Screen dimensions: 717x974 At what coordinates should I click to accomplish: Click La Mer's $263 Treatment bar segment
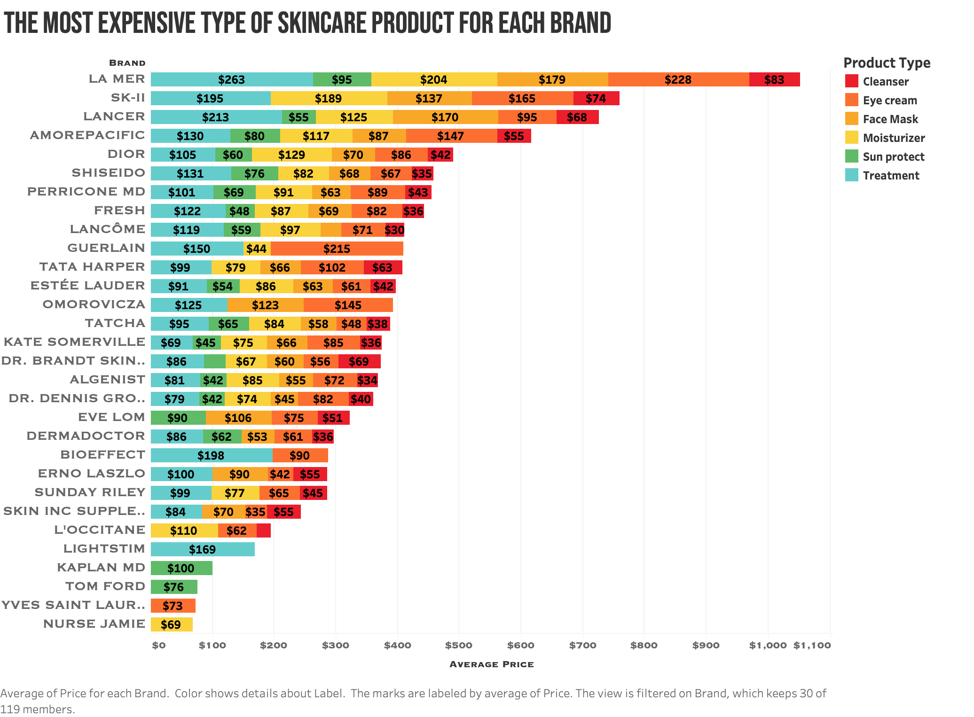[232, 79]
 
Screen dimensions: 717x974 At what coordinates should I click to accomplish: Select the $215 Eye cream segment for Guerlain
[337, 249]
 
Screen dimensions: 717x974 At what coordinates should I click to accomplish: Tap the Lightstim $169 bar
[203, 549]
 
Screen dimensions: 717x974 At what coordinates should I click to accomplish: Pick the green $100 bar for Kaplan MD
[181, 568]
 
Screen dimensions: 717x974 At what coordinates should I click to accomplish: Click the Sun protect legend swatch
[851, 156]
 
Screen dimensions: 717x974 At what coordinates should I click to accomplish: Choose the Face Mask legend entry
[890, 119]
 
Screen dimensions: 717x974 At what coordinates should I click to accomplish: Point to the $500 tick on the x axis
[458, 645]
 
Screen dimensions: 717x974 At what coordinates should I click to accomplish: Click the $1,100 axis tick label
[812, 645]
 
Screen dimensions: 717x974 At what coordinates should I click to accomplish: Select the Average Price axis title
[491, 664]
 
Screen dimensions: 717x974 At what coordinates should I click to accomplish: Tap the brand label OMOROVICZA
[94, 304]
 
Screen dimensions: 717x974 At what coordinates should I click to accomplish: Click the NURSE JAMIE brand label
[94, 624]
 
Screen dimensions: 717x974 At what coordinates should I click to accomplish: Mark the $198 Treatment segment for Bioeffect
[211, 455]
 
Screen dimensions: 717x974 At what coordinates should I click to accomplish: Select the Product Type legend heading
[887, 62]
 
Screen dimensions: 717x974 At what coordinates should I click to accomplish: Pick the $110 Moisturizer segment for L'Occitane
[184, 530]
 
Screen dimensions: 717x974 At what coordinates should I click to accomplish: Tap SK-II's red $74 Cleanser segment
[596, 98]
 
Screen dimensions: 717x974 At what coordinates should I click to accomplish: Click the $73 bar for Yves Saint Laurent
[173, 606]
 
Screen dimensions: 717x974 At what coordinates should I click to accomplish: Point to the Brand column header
[127, 63]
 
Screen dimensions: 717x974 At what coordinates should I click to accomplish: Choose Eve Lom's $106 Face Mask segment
[238, 418]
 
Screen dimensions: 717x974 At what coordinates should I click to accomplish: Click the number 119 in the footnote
[9, 709]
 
